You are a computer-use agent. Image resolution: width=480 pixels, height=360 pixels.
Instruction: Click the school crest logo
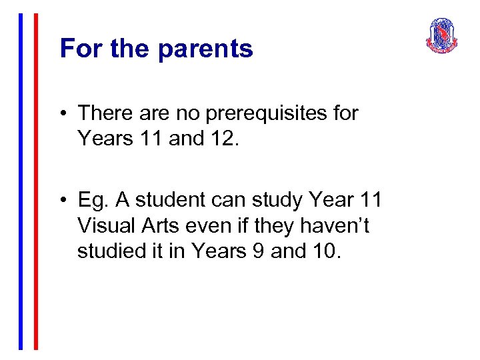pos(442,36)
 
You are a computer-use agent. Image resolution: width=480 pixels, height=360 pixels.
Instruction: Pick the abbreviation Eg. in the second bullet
pos(91,201)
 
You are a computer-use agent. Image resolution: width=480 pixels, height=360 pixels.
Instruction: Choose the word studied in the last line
pos(109,251)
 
